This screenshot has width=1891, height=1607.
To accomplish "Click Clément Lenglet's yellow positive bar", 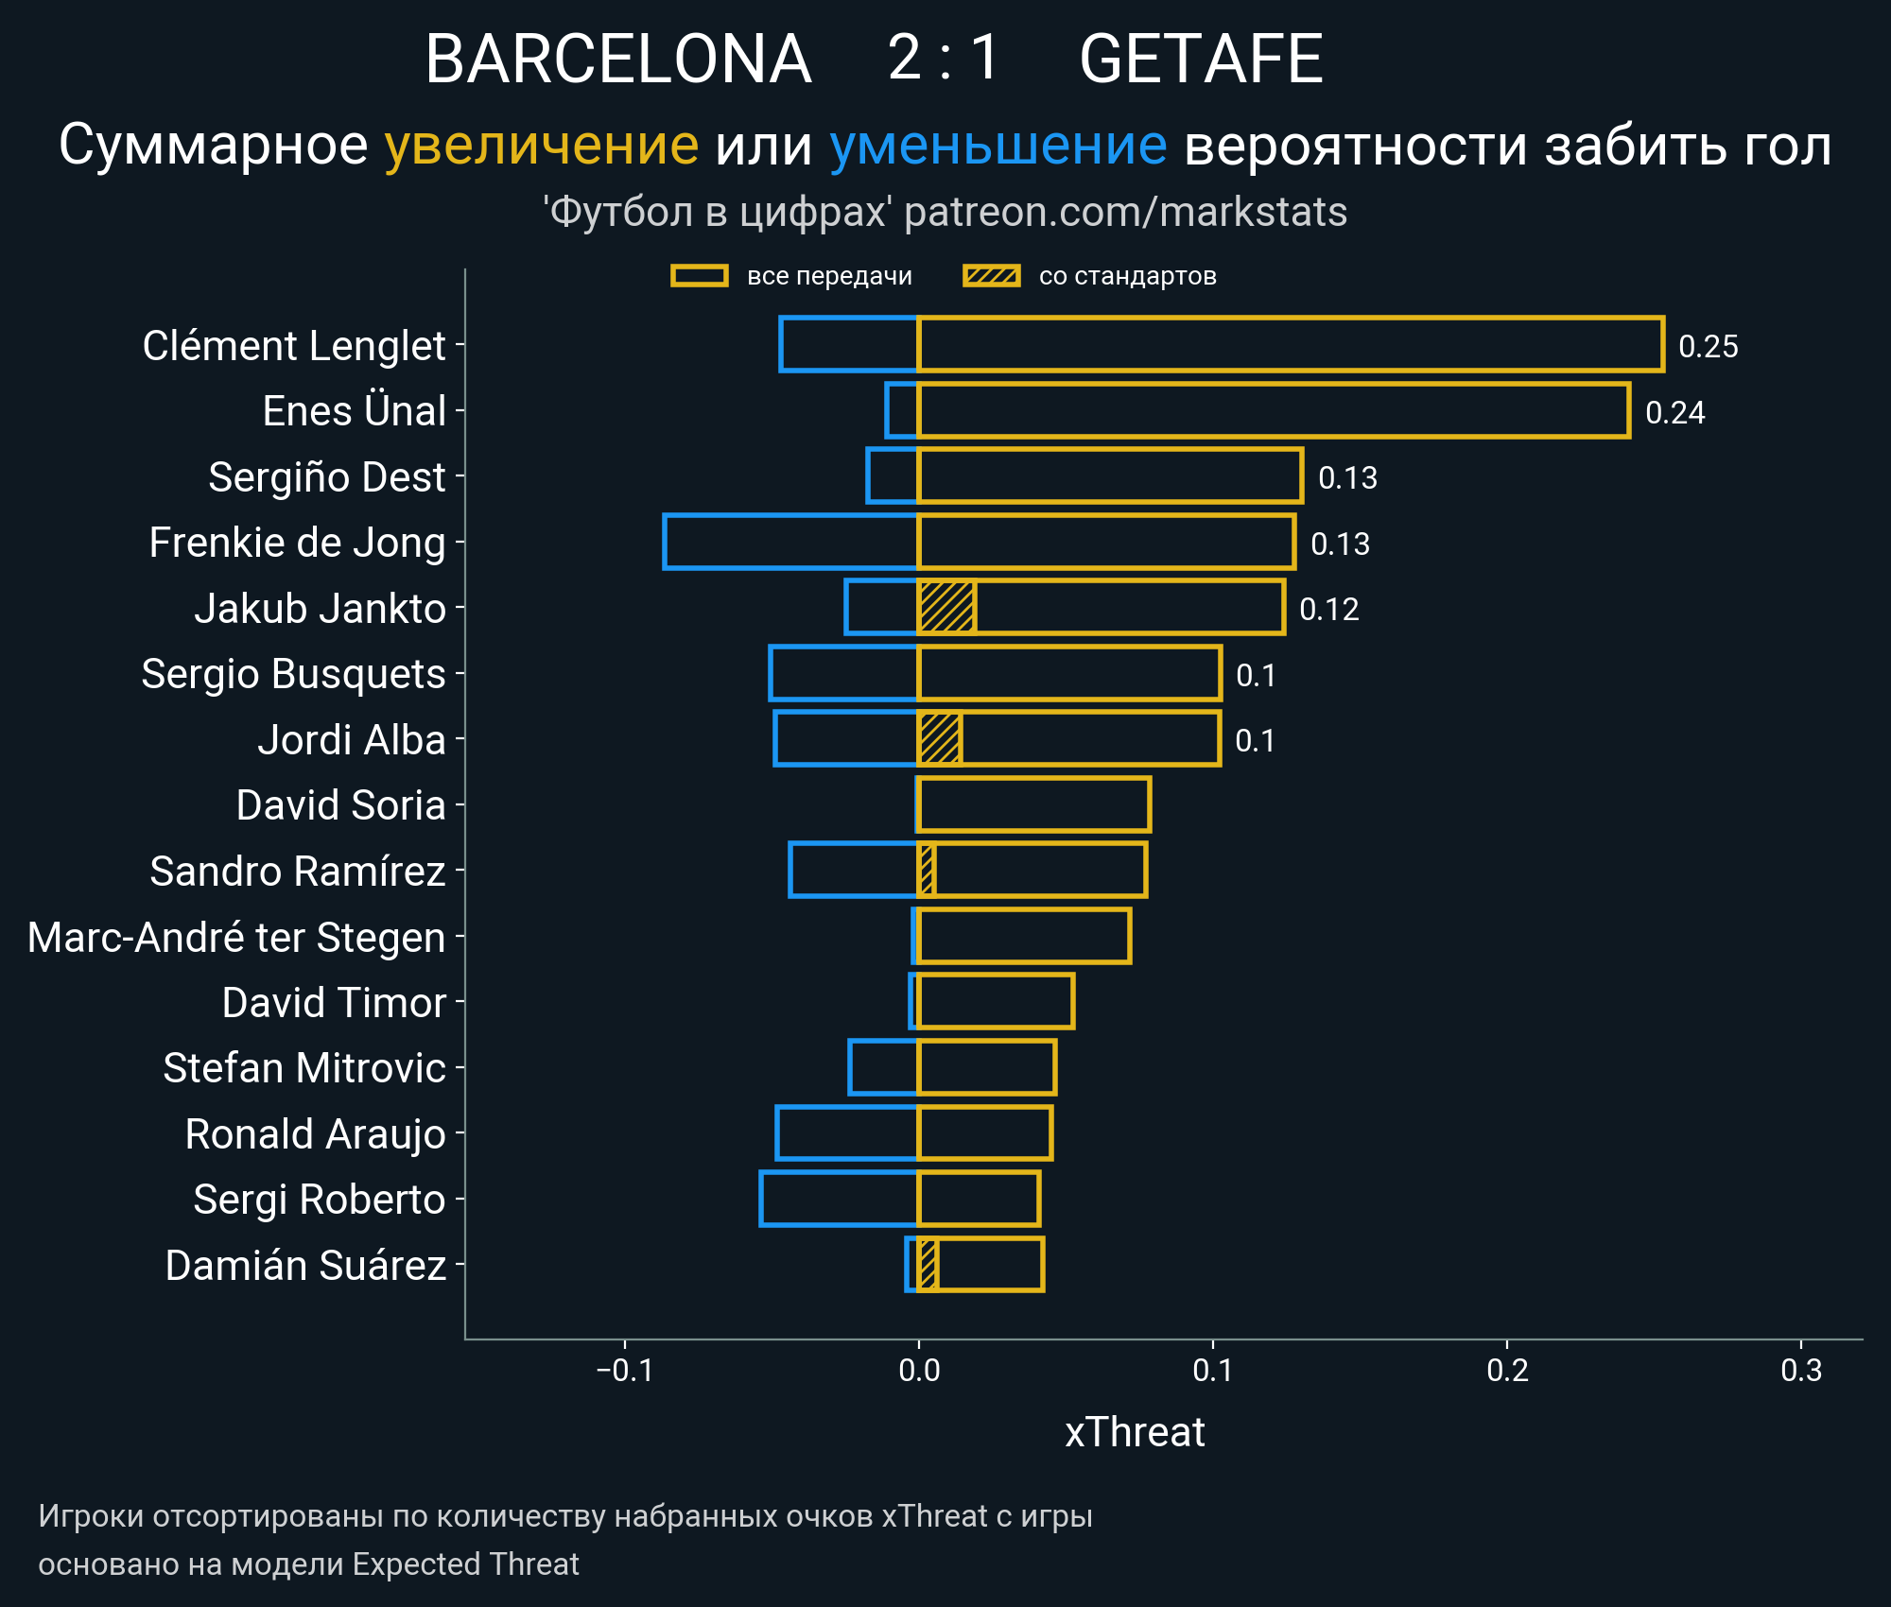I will [1290, 344].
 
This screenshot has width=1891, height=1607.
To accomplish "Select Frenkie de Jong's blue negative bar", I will [790, 542].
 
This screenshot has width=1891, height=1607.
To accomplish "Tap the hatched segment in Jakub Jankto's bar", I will [946, 607].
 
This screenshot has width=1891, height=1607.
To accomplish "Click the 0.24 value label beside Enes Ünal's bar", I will [1674, 412].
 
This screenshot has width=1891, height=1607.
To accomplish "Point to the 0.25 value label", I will [1708, 346].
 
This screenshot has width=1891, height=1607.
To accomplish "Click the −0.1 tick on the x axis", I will [625, 1370].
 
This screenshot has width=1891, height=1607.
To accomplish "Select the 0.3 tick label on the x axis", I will [1800, 1370].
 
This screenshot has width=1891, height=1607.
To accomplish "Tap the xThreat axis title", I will [1135, 1432].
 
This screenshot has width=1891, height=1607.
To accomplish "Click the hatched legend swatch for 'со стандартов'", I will [991, 276].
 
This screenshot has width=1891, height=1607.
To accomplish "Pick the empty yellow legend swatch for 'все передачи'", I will [699, 276].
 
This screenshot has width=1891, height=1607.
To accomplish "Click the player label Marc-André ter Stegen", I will [236, 937].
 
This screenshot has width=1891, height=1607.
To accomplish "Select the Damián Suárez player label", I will [305, 1265].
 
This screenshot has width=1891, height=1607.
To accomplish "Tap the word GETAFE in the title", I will [1201, 59].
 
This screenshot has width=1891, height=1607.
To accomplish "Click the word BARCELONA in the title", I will [618, 59].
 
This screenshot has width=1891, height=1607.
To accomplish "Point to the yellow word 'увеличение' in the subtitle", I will [541, 146].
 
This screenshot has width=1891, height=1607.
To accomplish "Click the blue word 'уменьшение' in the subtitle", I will [998, 146].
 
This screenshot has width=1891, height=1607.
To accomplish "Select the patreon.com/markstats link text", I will [1125, 212].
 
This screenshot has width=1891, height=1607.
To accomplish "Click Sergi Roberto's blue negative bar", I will [839, 1199].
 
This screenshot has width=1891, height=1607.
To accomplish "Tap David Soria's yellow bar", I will [1033, 804].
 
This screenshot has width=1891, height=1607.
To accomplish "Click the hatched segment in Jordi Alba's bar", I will [940, 738].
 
